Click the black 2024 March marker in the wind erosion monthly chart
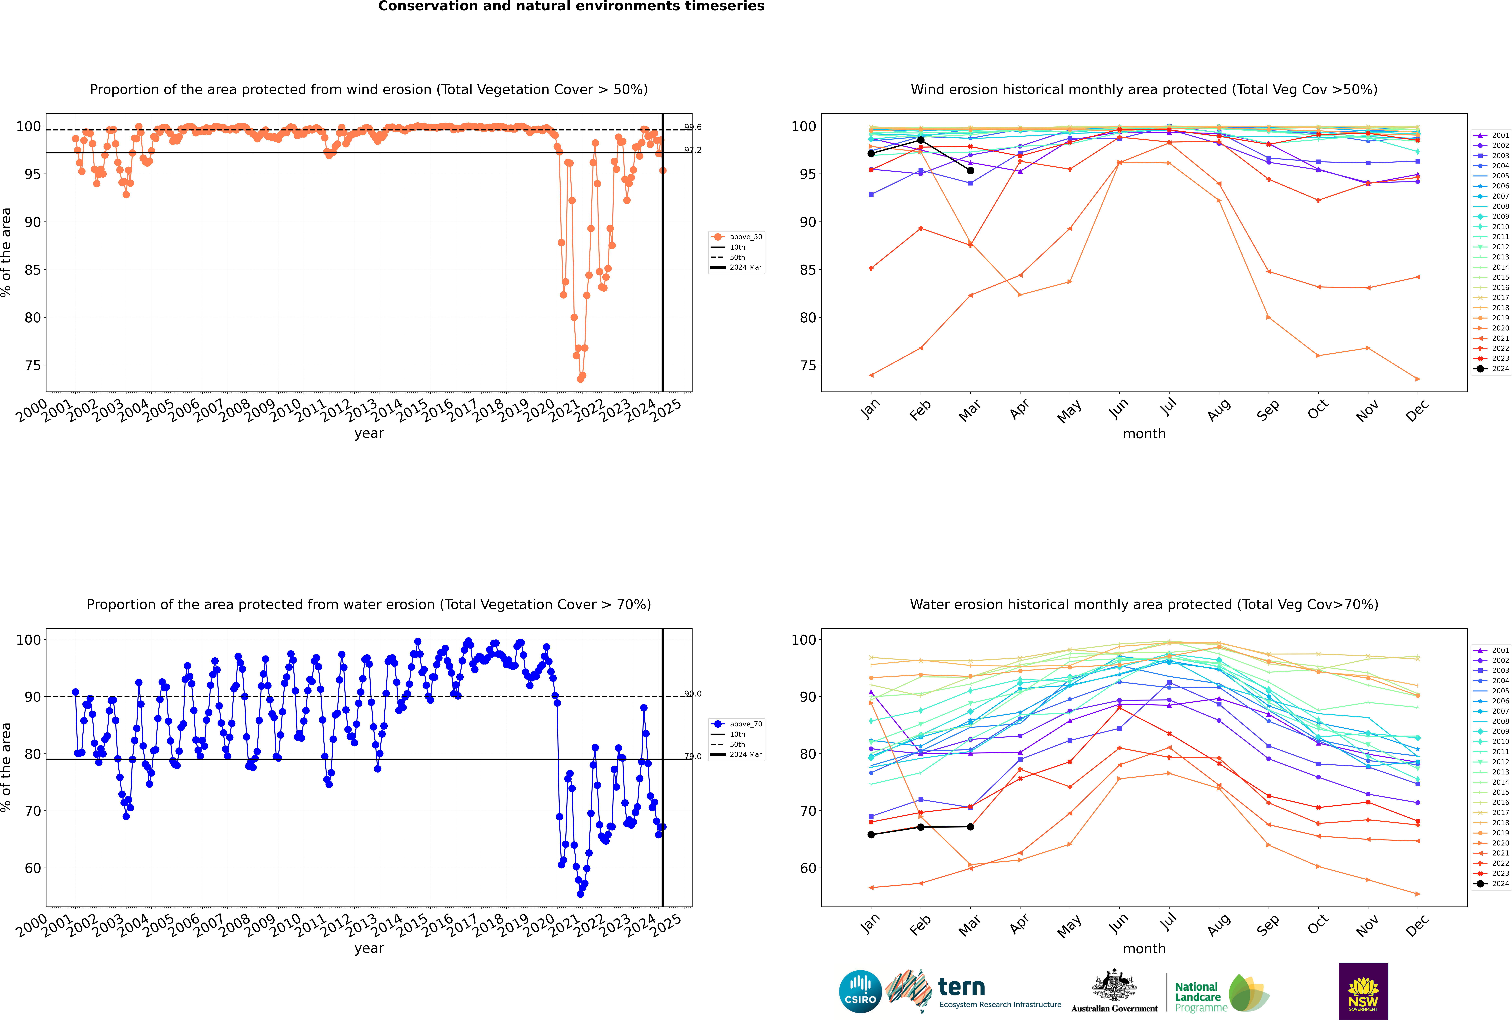970,170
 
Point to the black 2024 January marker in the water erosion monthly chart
871,835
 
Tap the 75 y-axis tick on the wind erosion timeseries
32,366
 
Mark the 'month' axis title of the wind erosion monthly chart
1144,434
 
